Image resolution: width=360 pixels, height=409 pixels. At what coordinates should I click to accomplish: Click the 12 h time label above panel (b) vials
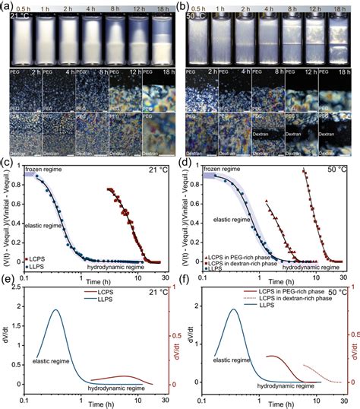313,8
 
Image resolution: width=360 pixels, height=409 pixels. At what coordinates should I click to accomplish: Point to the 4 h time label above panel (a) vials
92,8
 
